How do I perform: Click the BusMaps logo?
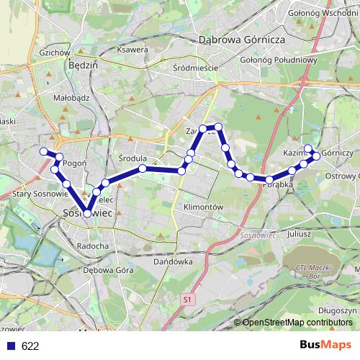point(325,345)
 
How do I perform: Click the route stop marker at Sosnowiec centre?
point(87,213)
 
